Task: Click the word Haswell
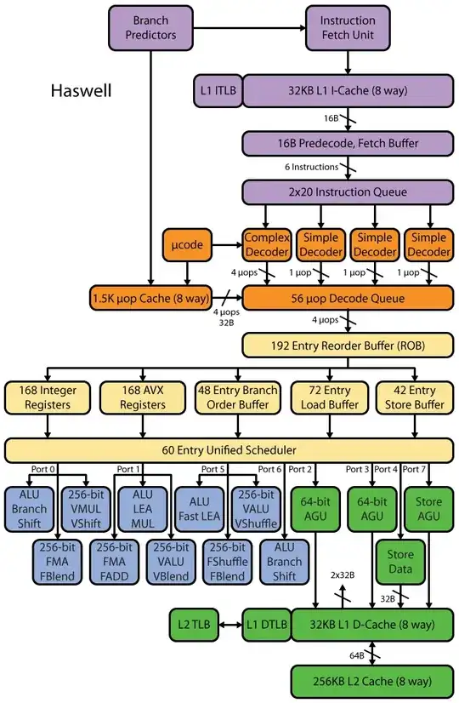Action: (x=80, y=90)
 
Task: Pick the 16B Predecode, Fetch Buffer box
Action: (x=347, y=143)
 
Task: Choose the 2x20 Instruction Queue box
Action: (x=347, y=192)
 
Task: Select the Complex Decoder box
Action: (x=267, y=244)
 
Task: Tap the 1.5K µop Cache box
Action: (x=150, y=298)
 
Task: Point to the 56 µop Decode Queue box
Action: (x=347, y=298)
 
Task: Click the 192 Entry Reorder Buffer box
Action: (x=347, y=346)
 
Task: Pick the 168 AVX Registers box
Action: (x=139, y=397)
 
